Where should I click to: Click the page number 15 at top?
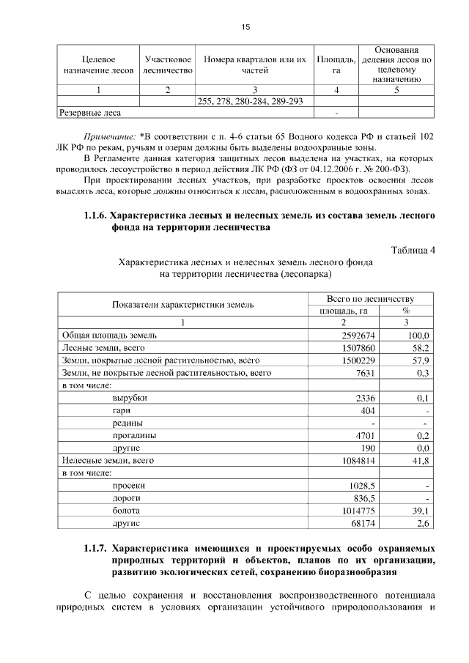[245, 27]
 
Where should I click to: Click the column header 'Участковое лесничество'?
[169, 64]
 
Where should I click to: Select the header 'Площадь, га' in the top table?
[336, 64]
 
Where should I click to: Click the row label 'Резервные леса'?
[89, 113]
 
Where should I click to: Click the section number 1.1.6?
[95, 216]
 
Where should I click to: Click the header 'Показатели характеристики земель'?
[182, 305]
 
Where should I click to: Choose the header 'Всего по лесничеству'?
[371, 299]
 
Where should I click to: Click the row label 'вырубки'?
[130, 398]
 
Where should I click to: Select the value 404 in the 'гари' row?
[367, 410]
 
